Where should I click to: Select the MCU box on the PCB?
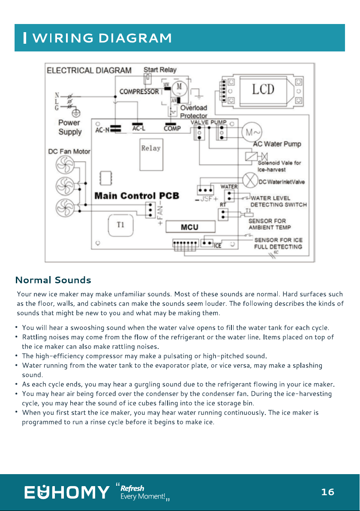[190, 227]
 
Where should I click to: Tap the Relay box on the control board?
[151, 154]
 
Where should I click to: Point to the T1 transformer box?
[120, 225]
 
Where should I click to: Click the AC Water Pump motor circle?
[252, 132]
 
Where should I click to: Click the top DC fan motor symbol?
[65, 165]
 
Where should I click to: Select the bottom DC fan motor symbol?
[65, 207]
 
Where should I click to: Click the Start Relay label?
[160, 70]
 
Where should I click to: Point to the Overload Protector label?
[194, 112]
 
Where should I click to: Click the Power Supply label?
[70, 127]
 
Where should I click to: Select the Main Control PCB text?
[137, 195]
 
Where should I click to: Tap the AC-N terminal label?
[102, 130]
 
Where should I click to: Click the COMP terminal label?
[172, 129]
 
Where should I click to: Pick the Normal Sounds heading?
[53, 280]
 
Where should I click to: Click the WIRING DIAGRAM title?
[102, 38]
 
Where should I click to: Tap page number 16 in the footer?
[328, 492]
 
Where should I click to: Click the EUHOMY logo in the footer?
[67, 492]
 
